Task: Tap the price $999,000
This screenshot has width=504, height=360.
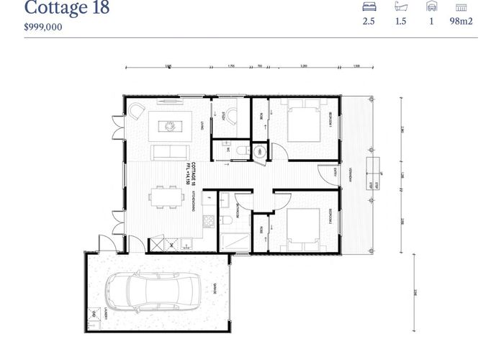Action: tap(43, 27)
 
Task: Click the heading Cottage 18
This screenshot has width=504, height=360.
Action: tap(66, 9)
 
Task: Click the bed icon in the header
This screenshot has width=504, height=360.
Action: tap(369, 6)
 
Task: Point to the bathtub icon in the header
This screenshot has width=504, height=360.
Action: tap(401, 6)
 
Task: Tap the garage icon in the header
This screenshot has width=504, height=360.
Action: tap(431, 6)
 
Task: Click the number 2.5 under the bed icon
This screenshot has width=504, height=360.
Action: tap(369, 22)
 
